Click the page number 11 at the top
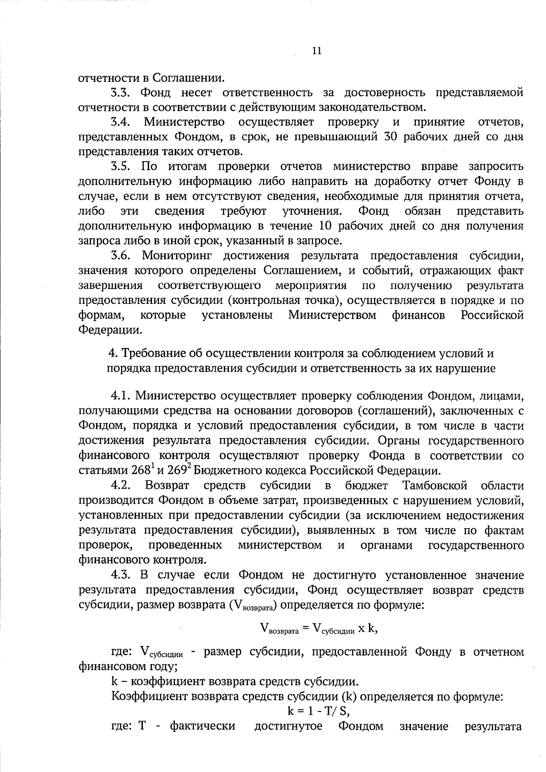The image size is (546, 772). point(317,51)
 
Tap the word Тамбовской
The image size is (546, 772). point(435,486)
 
